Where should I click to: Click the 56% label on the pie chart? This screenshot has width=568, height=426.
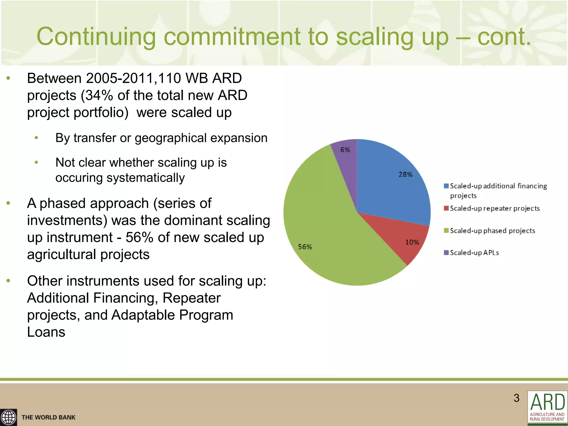tap(305, 247)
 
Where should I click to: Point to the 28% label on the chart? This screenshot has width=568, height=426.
tap(405, 174)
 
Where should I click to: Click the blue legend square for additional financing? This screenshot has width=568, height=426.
tap(446, 186)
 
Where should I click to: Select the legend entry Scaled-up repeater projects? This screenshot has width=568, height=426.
tap(495, 208)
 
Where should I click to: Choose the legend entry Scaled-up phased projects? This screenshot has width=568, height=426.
tap(492, 231)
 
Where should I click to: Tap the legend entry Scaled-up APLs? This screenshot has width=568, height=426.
tap(474, 253)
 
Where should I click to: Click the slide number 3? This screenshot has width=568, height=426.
tap(516, 398)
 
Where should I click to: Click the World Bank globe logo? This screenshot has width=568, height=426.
tap(8, 417)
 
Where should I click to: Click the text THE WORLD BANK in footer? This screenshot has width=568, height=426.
tap(49, 417)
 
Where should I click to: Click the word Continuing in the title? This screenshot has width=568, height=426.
tap(96, 37)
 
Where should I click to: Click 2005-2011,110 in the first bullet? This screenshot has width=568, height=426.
tap(133, 78)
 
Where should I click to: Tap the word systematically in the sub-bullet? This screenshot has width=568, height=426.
tap(146, 178)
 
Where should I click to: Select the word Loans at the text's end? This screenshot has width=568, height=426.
tap(46, 332)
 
